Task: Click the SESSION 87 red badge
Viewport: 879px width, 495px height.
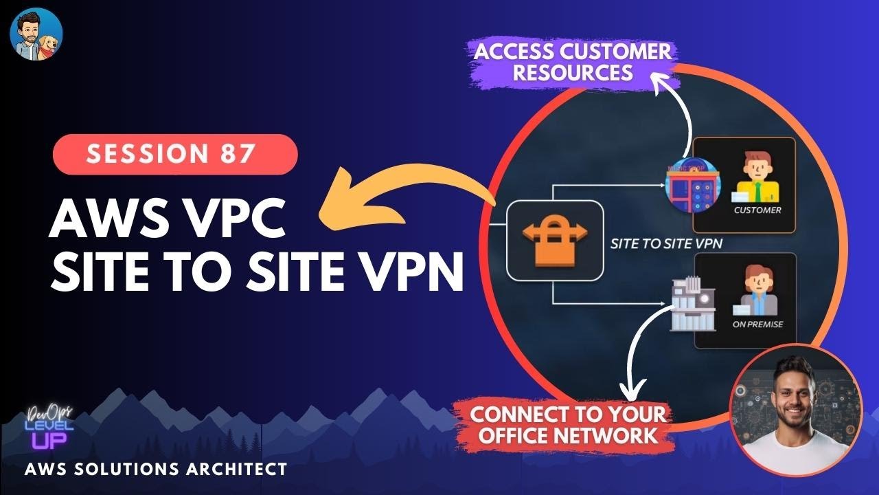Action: tap(174, 154)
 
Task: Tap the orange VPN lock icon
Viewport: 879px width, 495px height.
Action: tap(555, 241)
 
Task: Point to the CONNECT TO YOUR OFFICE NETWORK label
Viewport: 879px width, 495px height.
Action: tap(567, 424)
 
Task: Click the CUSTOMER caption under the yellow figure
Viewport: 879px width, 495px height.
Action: tap(757, 210)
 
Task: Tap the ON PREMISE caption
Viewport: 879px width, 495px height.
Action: tap(757, 324)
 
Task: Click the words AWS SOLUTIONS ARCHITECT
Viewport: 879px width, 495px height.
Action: tap(155, 470)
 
